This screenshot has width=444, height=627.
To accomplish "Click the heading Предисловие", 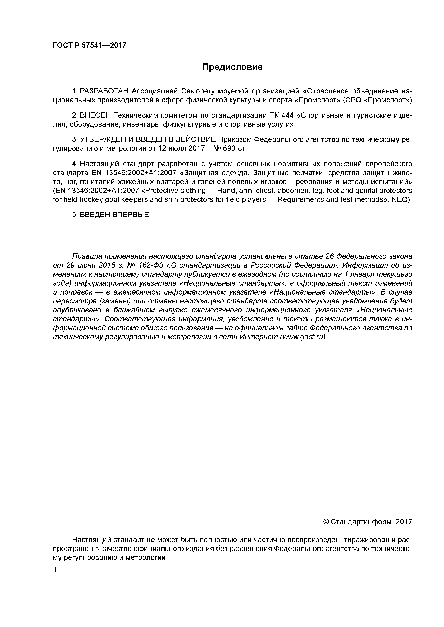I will pyautogui.click(x=232, y=67).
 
